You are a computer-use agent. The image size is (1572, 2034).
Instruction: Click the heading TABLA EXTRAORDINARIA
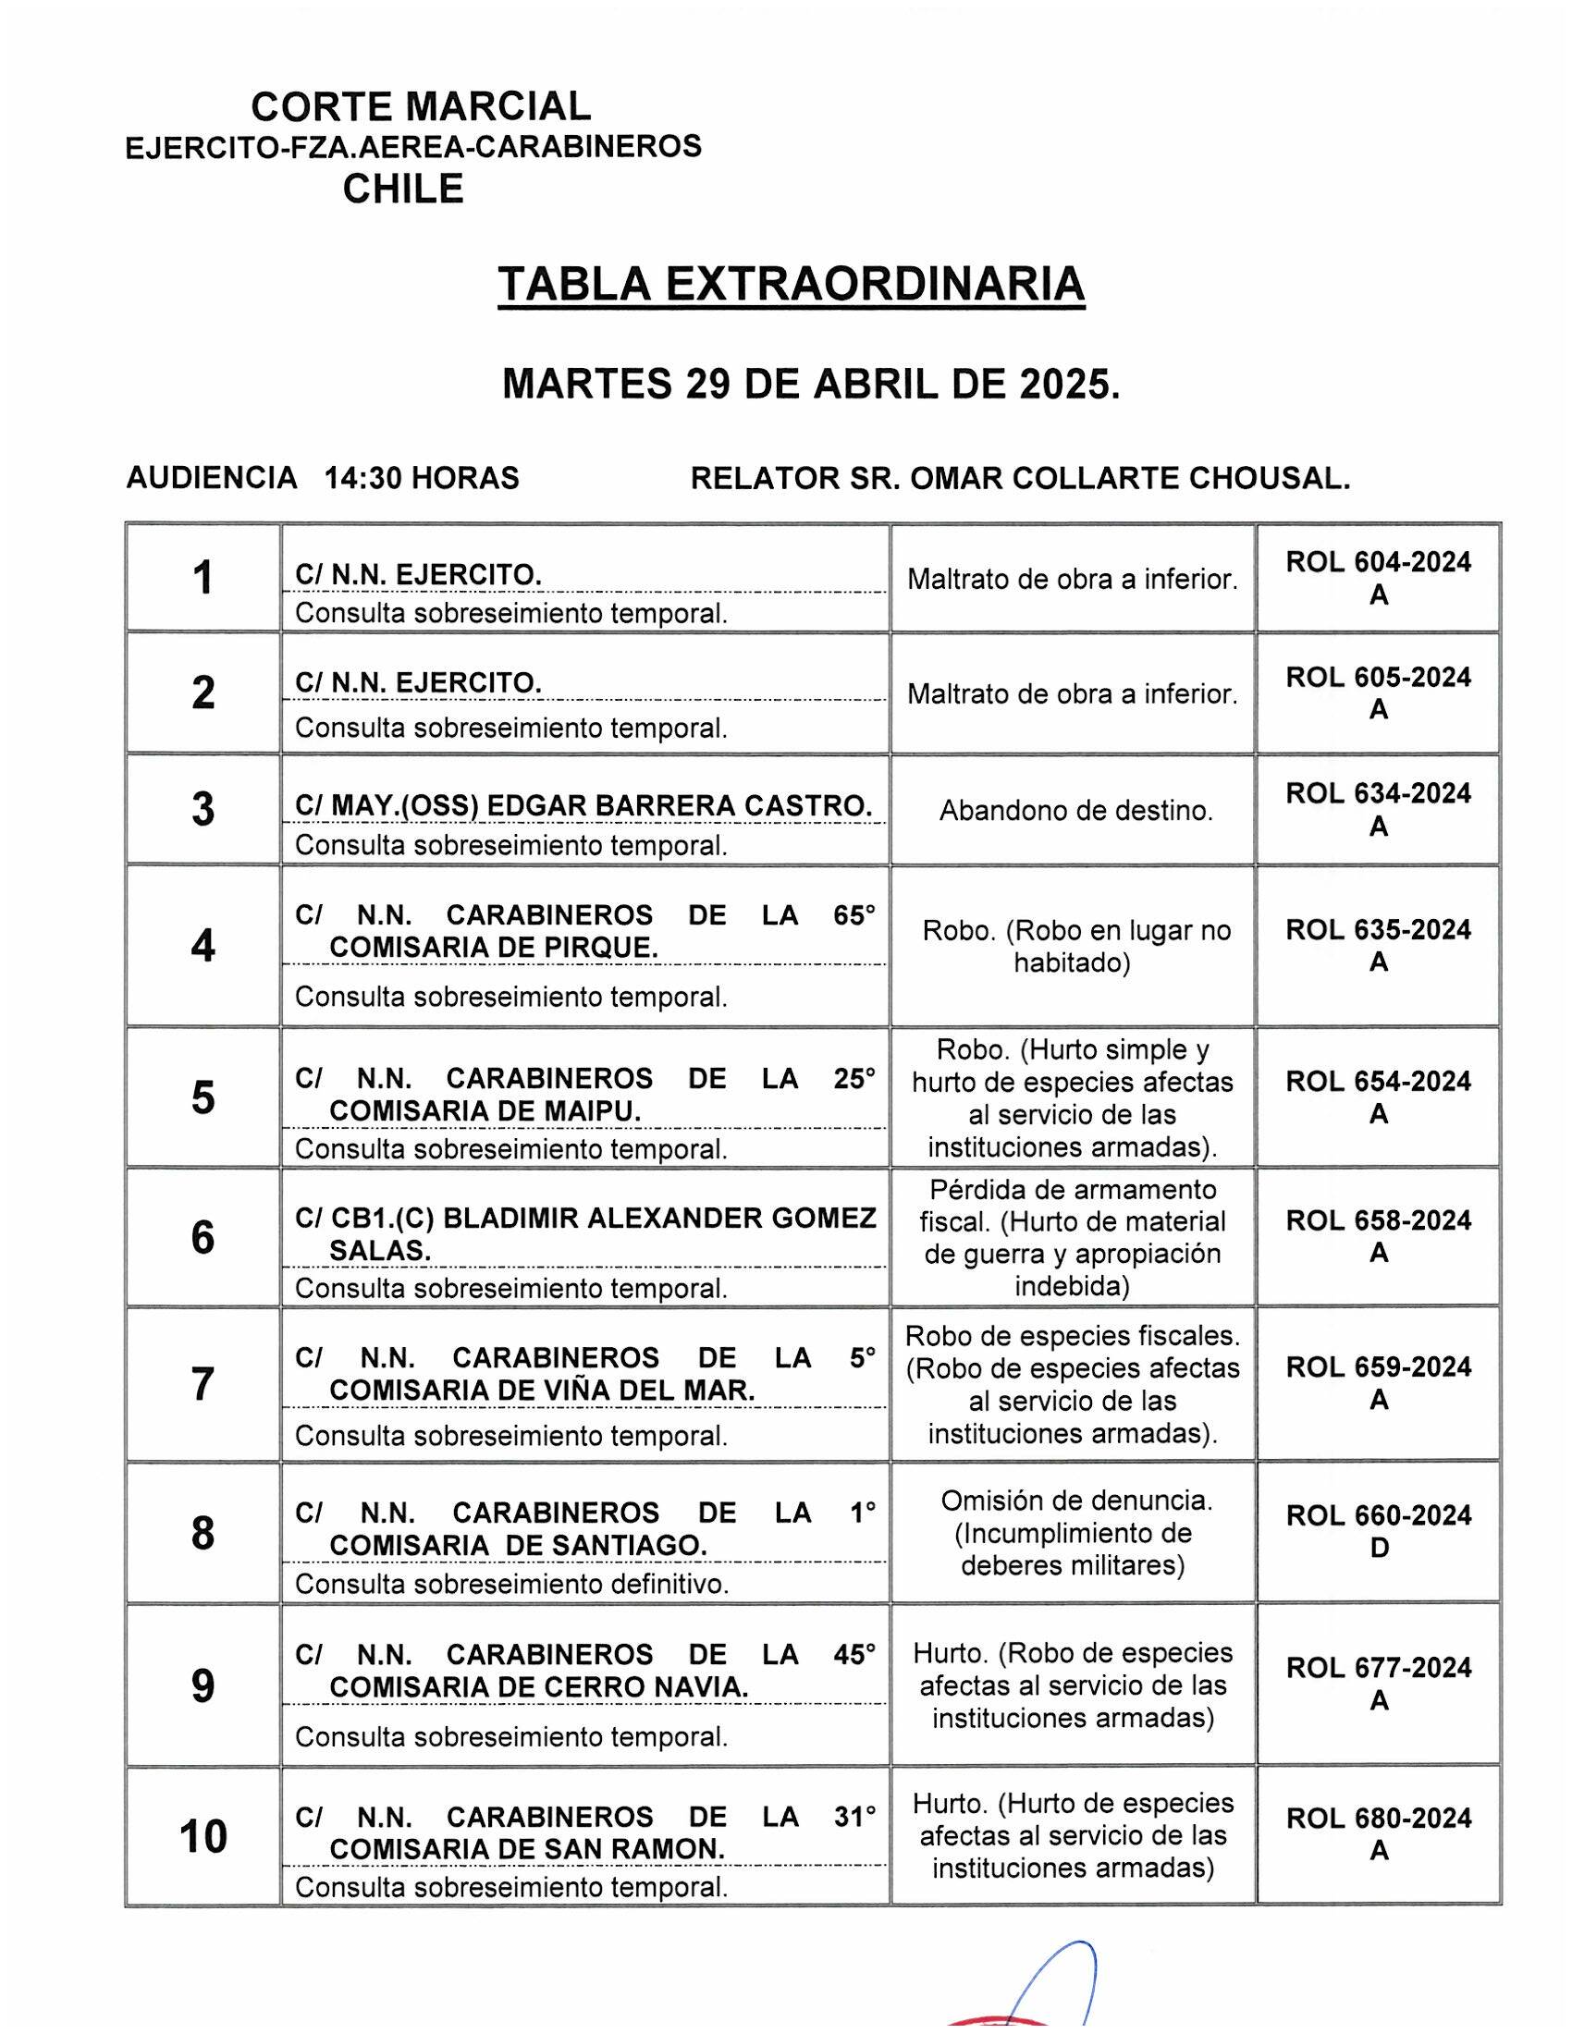(791, 284)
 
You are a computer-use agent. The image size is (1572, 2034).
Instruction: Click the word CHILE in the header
(402, 189)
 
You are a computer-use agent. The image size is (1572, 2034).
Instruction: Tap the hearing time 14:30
(363, 478)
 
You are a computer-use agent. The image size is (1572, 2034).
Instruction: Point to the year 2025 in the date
(1068, 383)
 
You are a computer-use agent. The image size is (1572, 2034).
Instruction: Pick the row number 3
(203, 809)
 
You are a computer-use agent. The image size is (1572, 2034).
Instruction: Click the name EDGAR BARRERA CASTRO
(680, 805)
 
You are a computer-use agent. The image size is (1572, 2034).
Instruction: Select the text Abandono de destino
(1075, 811)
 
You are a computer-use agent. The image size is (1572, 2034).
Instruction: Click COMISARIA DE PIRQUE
(494, 947)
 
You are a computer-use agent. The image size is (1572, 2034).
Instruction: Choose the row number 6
(203, 1238)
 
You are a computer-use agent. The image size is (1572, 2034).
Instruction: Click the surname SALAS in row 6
(380, 1251)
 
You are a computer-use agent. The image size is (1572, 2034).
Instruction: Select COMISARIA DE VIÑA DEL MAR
(542, 1391)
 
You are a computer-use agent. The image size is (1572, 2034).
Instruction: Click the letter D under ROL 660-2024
(1380, 1548)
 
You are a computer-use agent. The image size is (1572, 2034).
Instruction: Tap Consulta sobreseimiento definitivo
(511, 1584)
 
